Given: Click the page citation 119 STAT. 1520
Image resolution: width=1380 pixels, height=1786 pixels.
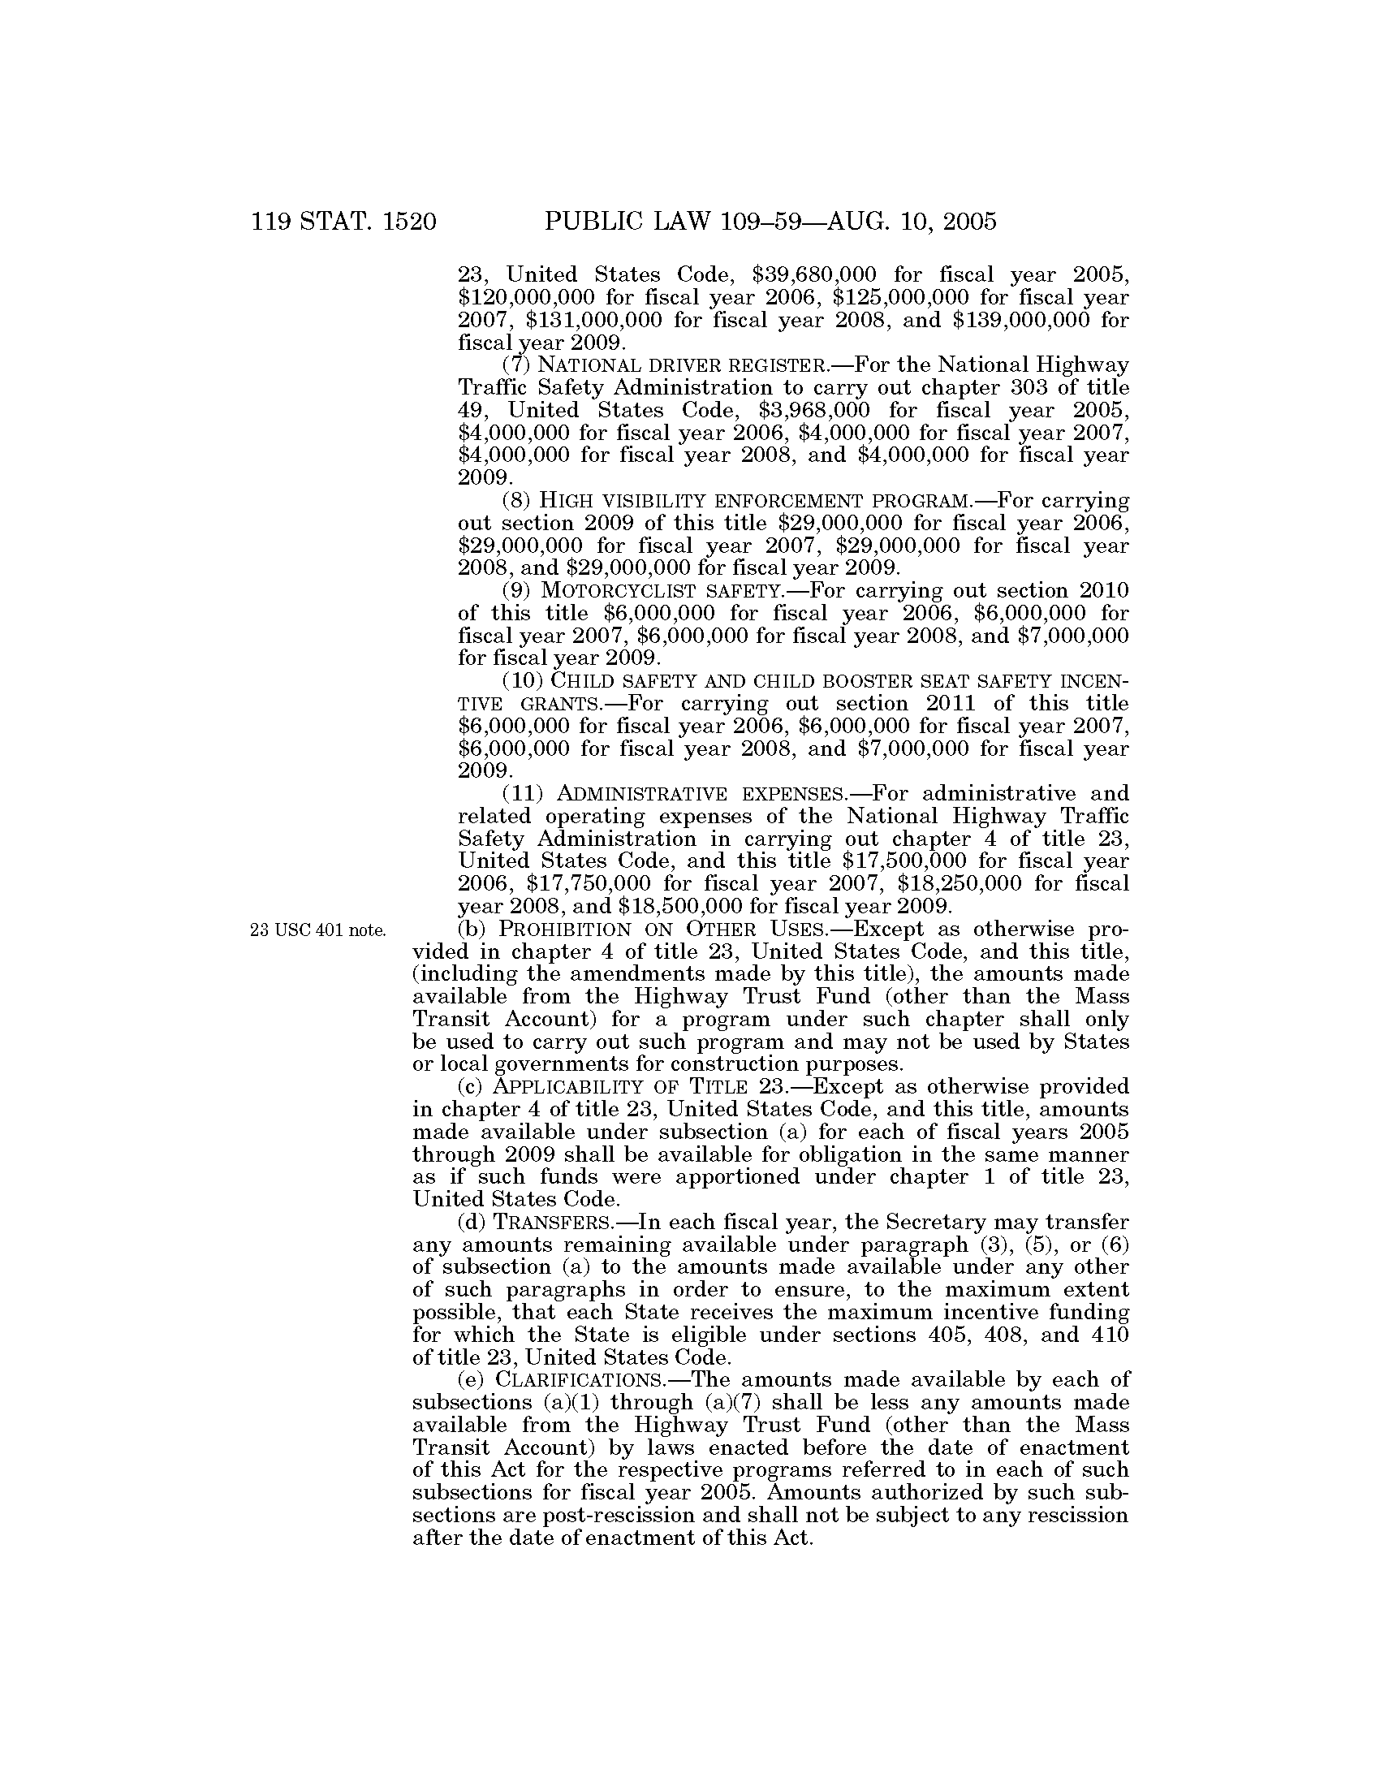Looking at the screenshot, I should tap(344, 222).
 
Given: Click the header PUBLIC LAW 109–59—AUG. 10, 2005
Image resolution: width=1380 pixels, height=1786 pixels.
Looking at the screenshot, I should tap(770, 222).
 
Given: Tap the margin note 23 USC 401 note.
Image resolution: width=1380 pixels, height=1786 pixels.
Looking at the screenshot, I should tap(317, 930).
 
